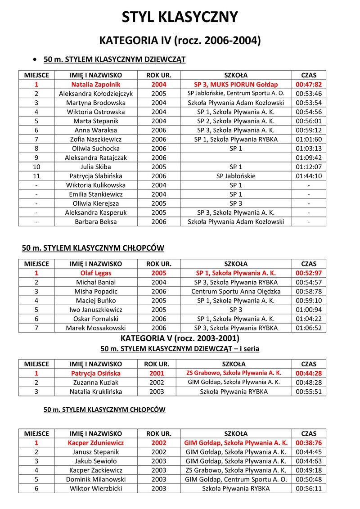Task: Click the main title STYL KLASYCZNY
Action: click(180, 18)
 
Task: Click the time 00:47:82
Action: click(308, 84)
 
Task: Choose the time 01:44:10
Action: click(308, 176)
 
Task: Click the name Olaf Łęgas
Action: click(96, 273)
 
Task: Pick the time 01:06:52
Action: click(308, 328)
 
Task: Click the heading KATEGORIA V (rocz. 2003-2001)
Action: click(180, 338)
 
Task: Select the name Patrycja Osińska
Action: click(96, 373)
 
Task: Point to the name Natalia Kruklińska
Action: click(96, 392)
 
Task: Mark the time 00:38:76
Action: click(308, 442)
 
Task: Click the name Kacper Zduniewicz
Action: click(96, 442)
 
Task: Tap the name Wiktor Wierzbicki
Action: click(96, 488)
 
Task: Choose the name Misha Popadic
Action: click(96, 291)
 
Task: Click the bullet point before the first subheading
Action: click(35, 59)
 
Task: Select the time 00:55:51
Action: click(308, 392)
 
